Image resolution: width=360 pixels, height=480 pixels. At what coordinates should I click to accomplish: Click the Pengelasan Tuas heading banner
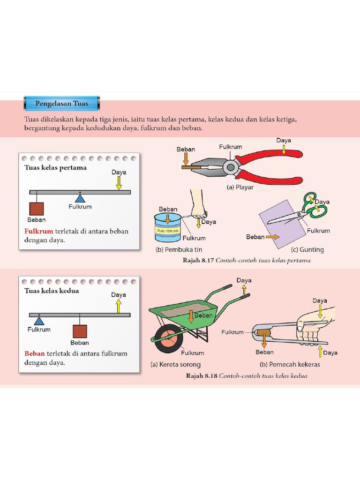click(x=62, y=103)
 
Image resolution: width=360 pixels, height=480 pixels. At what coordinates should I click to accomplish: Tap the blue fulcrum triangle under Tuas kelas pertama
click(x=80, y=198)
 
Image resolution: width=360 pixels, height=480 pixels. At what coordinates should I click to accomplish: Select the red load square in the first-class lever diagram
click(x=37, y=209)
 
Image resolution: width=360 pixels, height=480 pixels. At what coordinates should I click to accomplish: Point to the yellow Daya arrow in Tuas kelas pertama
click(x=119, y=183)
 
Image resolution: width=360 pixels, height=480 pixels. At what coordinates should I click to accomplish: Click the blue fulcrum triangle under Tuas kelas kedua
click(x=39, y=321)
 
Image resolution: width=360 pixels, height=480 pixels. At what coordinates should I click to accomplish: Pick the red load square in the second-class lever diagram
click(x=80, y=331)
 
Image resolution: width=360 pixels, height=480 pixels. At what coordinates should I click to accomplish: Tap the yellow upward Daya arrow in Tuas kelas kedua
click(x=119, y=306)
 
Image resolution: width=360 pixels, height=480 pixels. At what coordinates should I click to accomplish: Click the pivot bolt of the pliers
click(x=230, y=166)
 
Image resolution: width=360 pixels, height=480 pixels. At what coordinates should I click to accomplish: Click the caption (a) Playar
click(x=240, y=187)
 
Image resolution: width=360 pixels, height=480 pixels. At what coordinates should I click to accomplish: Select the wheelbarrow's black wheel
click(x=169, y=338)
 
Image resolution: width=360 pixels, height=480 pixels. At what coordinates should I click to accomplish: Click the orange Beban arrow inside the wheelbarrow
click(x=191, y=316)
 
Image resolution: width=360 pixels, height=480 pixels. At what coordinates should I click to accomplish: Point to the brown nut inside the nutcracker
click(x=263, y=334)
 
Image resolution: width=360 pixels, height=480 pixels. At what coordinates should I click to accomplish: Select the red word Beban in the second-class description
click(x=34, y=353)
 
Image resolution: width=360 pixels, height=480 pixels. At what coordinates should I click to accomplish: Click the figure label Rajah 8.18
click(x=201, y=375)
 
